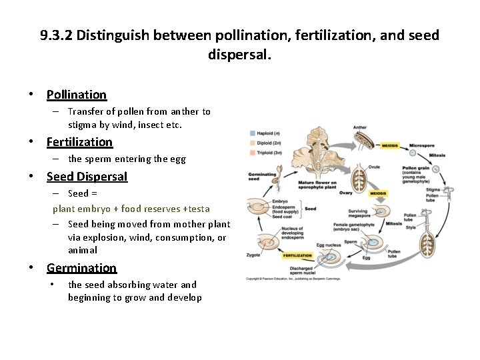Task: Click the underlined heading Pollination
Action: tap(76, 95)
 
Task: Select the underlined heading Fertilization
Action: tap(79, 142)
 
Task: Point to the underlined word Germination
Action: tap(81, 268)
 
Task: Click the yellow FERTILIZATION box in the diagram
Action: tap(298, 255)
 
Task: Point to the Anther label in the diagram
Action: tap(359, 127)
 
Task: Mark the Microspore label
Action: tap(422, 145)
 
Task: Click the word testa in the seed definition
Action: tap(198, 209)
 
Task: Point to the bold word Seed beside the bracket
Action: tap(310, 208)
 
